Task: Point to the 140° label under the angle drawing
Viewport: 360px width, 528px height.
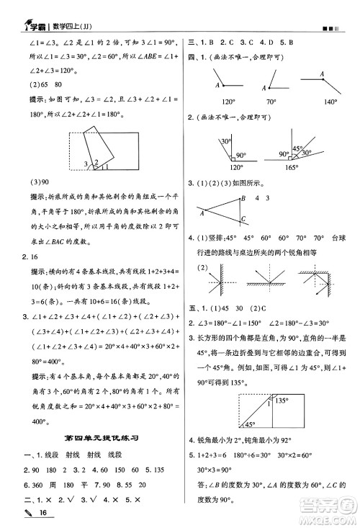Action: click(331, 102)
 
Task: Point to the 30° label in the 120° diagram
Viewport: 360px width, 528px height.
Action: click(225, 141)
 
